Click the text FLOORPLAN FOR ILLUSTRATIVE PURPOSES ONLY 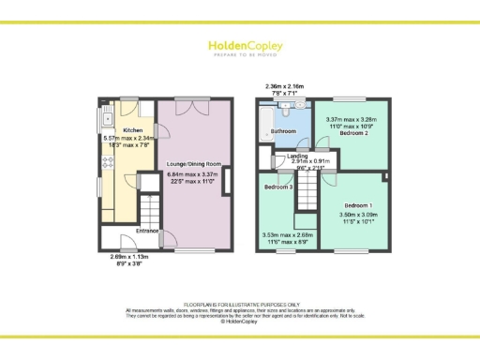click(x=239, y=304)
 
